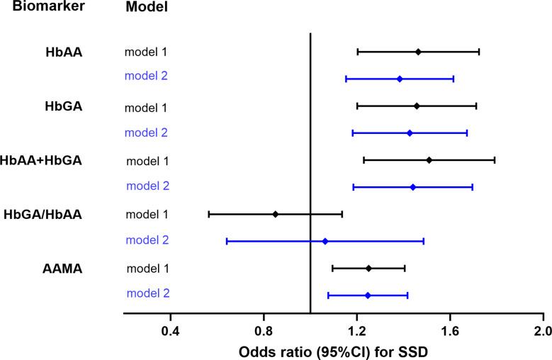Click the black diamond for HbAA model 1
[x=418, y=52]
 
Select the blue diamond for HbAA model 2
[x=400, y=79]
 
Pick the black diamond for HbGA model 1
[x=417, y=106]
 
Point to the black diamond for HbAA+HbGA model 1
[x=429, y=160]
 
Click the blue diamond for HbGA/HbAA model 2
[x=325, y=241]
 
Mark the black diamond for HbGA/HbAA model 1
[x=276, y=214]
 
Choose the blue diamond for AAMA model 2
[x=368, y=295]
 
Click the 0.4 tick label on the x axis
[x=170, y=330]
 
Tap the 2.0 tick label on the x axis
[x=543, y=330]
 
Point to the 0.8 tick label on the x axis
[x=264, y=330]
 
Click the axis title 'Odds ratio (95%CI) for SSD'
[x=333, y=351]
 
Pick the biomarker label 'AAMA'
[x=62, y=268]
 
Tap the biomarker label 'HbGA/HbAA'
[x=43, y=214]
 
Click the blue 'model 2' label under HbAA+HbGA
[x=147, y=186]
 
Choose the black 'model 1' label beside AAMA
[x=147, y=268]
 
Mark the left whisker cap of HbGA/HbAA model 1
[x=209, y=214]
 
